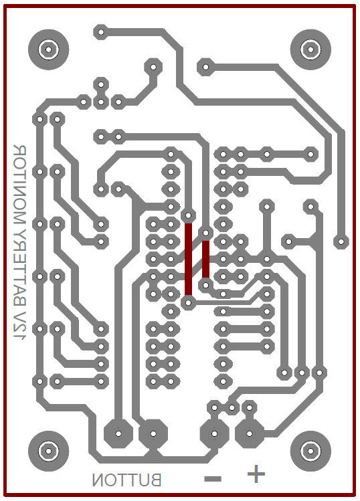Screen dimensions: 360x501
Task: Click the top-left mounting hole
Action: pos(49,49)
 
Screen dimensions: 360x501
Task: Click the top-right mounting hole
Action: pos(310,49)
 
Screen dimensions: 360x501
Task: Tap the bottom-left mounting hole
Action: pos(49,451)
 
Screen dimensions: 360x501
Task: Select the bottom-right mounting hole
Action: pos(310,451)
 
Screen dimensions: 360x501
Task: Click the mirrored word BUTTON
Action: pos(126,480)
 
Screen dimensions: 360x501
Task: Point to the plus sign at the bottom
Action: pos(256,474)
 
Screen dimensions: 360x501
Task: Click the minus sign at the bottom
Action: pos(213,479)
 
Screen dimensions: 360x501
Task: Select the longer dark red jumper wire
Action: pos(188,259)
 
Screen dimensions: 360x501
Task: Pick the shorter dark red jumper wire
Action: pos(205,259)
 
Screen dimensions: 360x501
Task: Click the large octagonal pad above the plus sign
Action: pos(250,433)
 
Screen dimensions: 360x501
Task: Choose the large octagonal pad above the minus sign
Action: pos(214,433)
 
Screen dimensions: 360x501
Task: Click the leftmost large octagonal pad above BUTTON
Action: pos(118,433)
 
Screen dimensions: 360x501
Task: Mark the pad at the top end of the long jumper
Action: pos(188,215)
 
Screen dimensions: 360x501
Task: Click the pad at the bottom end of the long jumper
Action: pos(188,302)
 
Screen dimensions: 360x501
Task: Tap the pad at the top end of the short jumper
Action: pos(205,232)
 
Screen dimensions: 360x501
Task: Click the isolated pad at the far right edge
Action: pos(341,241)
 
